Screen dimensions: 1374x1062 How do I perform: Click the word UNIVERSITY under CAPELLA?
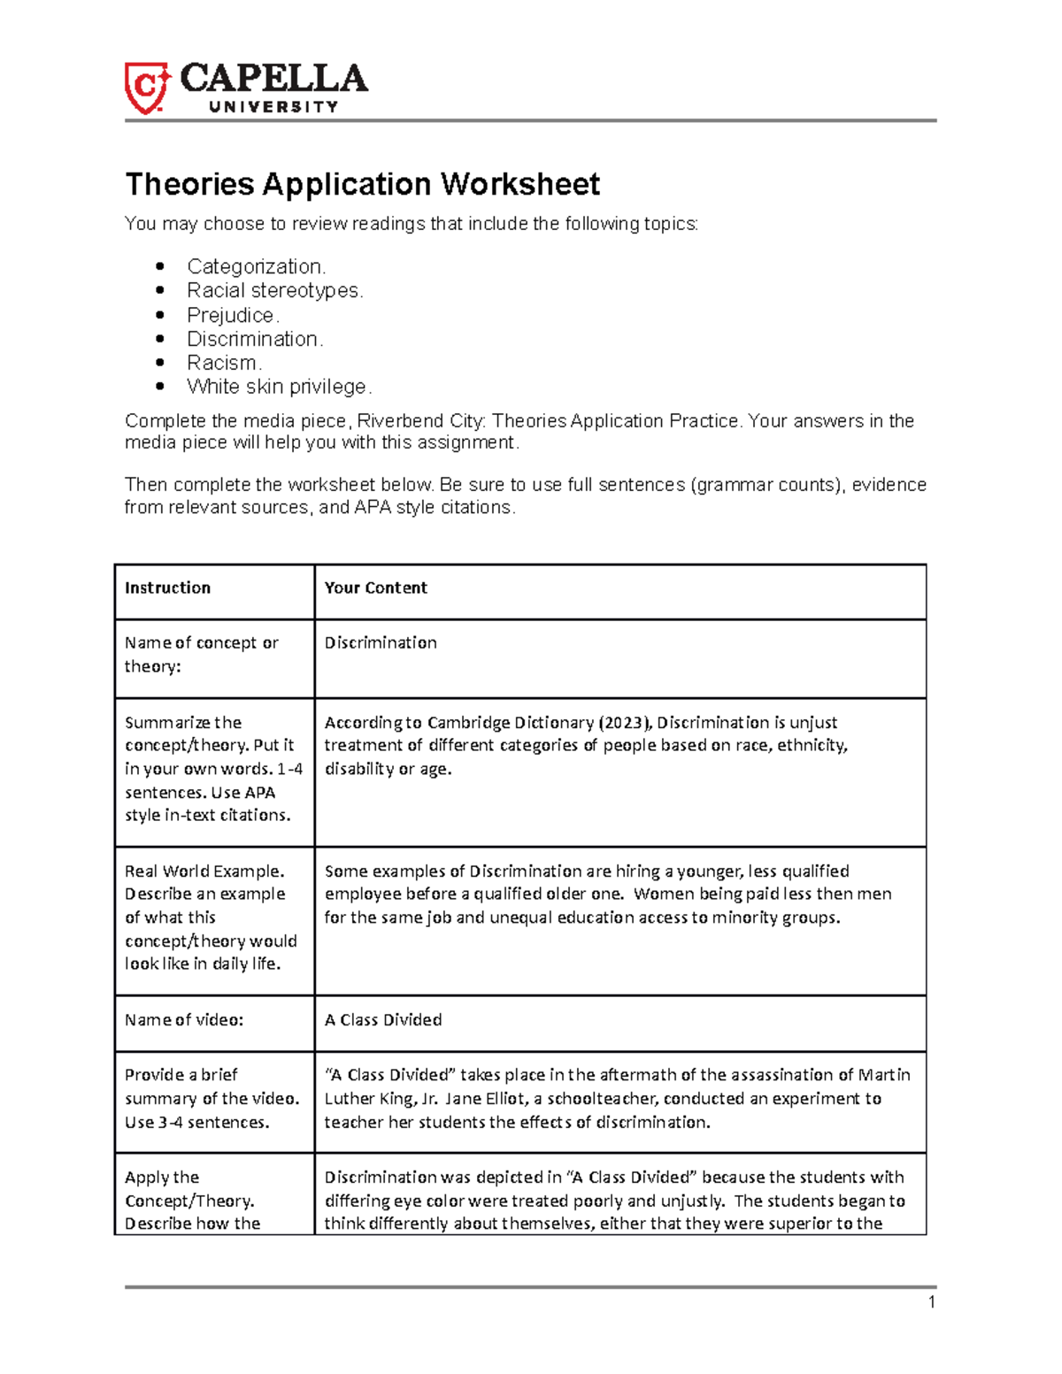tap(273, 107)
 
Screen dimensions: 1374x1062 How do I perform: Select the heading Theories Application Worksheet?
tap(362, 184)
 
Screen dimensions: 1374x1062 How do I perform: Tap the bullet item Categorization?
tap(256, 266)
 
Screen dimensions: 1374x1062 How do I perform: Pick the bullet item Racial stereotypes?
tap(274, 290)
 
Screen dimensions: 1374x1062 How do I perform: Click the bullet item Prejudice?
tap(233, 315)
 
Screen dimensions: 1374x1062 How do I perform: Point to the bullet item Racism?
tap(224, 363)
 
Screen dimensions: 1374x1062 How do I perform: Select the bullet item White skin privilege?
tap(279, 387)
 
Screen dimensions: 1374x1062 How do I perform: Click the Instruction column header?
tap(167, 587)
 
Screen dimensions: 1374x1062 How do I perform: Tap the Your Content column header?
tap(375, 587)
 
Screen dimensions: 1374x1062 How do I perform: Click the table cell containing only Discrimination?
tap(381, 642)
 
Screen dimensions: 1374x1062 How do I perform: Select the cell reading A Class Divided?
tap(383, 1019)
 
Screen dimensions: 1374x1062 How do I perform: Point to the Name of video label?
tap(184, 1019)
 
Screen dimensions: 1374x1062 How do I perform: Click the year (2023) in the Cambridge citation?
tap(623, 722)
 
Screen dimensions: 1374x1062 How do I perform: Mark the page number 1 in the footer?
tap(931, 1301)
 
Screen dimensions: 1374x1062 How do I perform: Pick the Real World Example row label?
tap(204, 871)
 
